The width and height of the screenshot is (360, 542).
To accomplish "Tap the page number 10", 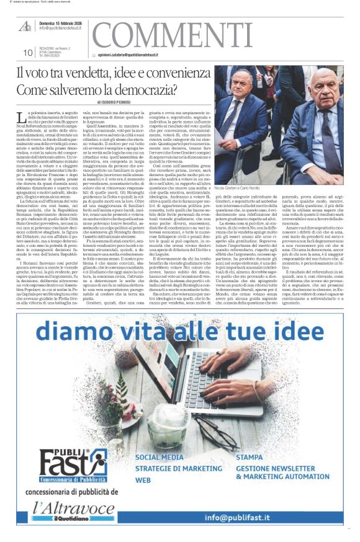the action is point(27,53).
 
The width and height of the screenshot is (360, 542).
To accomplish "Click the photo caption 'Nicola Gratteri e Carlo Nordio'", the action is point(243,187).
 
